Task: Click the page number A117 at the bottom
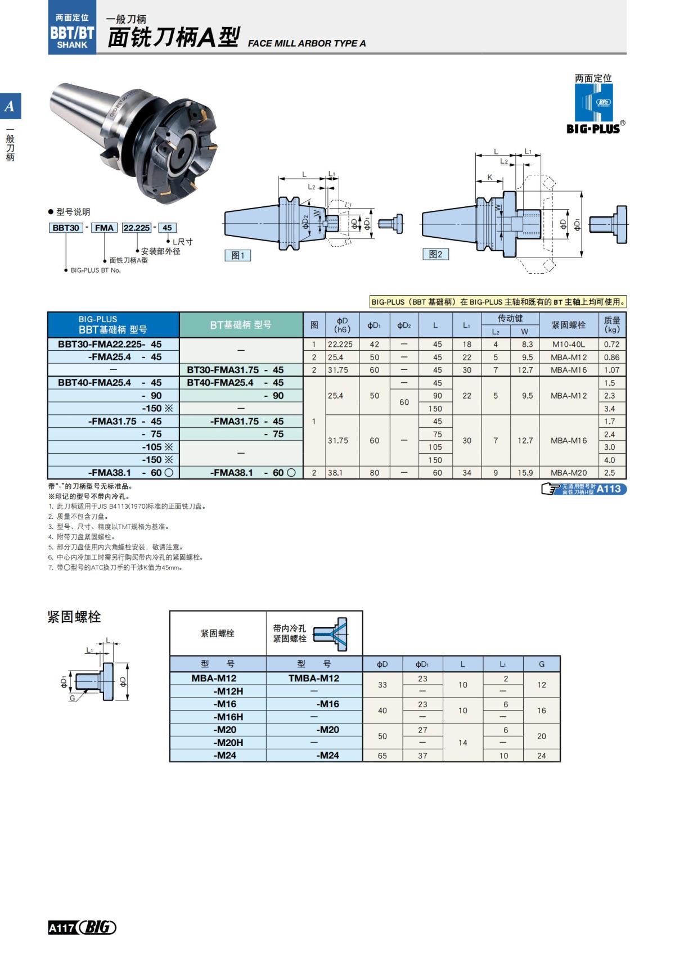click(x=61, y=928)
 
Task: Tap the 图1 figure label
click(x=237, y=255)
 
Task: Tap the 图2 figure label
click(x=435, y=254)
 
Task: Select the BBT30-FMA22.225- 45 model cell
click(x=110, y=344)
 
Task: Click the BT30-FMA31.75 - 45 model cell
click(x=235, y=370)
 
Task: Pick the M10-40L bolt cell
click(x=568, y=344)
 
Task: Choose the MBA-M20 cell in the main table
click(x=568, y=473)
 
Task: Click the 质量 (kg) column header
click(x=611, y=325)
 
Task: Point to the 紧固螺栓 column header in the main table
click(x=568, y=325)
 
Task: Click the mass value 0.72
click(x=611, y=344)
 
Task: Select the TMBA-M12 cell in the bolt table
click(x=314, y=678)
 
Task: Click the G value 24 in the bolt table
click(x=541, y=756)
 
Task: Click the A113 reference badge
click(x=608, y=489)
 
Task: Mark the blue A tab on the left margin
click(x=10, y=106)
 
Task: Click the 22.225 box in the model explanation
click(x=137, y=228)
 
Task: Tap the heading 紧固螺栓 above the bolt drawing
click(x=74, y=617)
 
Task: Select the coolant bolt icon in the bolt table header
click(x=330, y=634)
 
